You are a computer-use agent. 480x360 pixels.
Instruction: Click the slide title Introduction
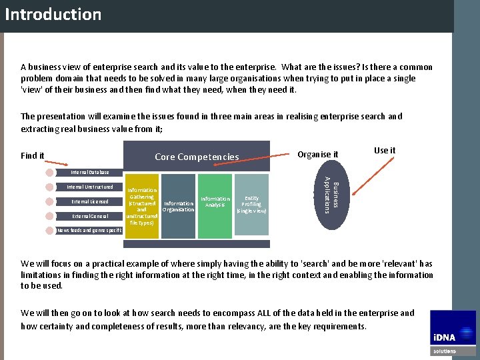[53, 15]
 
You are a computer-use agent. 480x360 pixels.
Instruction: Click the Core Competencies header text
[197, 157]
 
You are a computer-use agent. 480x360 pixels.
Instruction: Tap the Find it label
[33, 156]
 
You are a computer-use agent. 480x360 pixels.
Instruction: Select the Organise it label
[318, 155]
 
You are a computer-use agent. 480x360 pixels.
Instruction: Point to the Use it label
[385, 151]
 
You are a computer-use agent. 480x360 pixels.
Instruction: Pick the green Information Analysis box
[215, 205]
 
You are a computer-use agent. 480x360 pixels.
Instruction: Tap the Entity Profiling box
[251, 205]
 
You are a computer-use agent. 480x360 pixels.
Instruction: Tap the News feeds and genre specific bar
[89, 230]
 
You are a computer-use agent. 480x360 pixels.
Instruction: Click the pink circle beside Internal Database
[49, 173]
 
